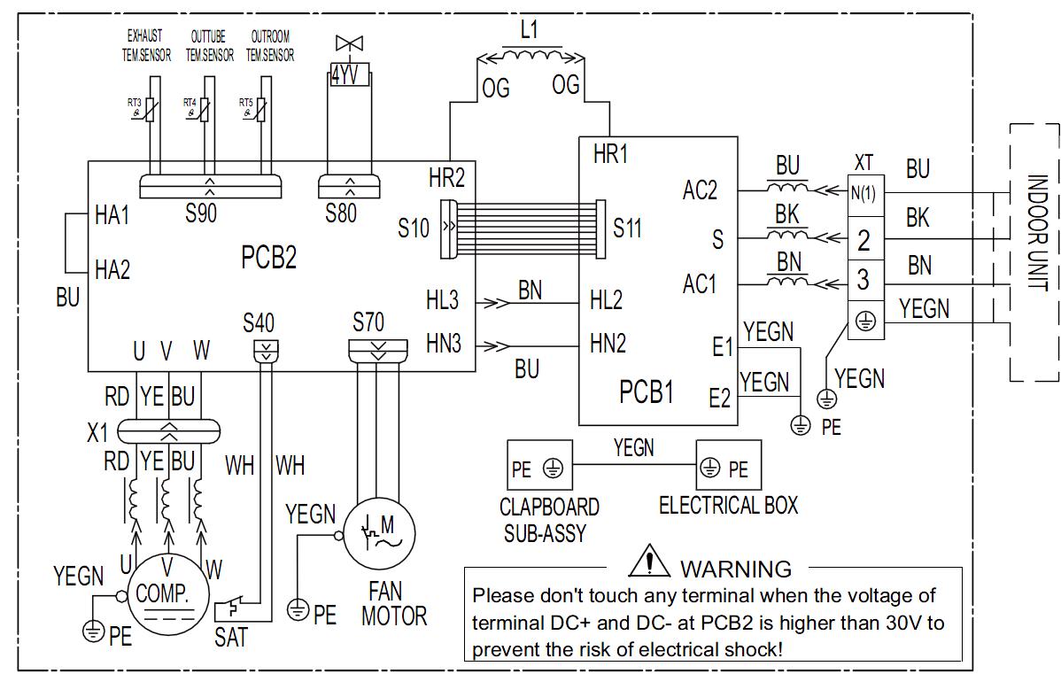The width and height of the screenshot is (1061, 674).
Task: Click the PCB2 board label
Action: [268, 257]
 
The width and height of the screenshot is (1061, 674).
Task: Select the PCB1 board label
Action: [647, 391]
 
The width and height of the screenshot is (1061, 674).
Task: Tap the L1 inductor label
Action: [529, 29]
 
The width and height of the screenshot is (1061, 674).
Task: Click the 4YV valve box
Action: [349, 74]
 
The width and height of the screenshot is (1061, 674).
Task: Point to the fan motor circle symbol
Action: [379, 533]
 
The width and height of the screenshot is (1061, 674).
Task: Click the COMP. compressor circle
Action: [162, 595]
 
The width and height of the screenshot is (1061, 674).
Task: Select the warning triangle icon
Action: [649, 561]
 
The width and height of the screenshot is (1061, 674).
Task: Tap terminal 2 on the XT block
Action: [865, 239]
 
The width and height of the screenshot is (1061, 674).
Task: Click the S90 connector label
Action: [201, 213]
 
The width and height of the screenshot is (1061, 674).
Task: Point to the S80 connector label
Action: [340, 213]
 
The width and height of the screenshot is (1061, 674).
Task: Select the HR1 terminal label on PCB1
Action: [610, 154]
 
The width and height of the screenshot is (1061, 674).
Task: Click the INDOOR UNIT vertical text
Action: [1037, 232]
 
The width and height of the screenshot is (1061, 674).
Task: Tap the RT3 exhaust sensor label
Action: [134, 103]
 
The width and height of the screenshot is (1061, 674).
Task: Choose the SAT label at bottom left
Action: [231, 637]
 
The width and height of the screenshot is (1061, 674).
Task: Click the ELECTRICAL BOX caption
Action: [728, 505]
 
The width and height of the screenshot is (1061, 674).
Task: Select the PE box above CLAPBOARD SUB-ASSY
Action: [540, 465]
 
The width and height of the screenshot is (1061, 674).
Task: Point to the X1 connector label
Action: [97, 432]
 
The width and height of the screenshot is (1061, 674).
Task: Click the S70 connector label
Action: [368, 322]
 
